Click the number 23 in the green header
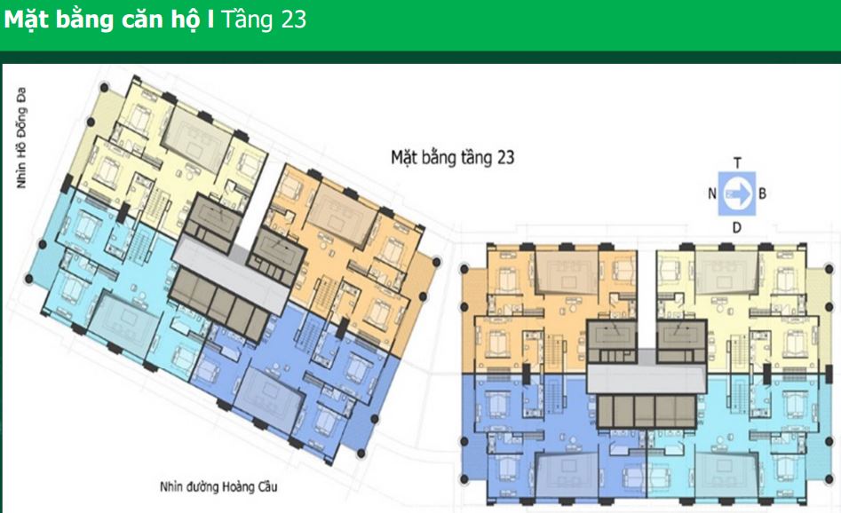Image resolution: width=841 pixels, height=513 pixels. pos(293,20)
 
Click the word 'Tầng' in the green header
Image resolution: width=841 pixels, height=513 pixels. pos(248,20)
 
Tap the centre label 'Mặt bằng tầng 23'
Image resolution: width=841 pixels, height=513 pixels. pos(453,158)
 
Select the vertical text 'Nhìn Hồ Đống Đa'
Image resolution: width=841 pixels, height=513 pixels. pos(21,138)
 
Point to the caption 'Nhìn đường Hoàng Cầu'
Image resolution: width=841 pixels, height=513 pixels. pos(218,486)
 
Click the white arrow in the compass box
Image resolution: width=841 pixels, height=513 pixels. pos(738,194)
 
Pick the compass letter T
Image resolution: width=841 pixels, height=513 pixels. pos(737,163)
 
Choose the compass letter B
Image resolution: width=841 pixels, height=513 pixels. pos(762,193)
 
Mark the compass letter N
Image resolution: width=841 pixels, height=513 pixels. pos(711,193)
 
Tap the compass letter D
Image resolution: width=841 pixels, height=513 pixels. pos(737,228)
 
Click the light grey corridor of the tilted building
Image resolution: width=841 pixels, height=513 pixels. pos(231,275)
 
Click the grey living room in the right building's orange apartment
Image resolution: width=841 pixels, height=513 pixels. pos(567,272)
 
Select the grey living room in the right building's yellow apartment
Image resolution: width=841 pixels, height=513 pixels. pos(726,272)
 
